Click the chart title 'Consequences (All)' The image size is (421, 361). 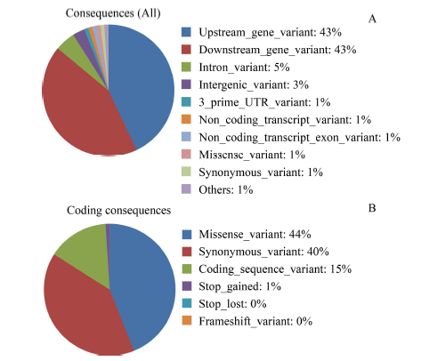coord(113,13)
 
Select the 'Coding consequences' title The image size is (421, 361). coord(118,211)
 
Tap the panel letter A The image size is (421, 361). coord(372,19)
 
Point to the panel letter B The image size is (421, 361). coord(372,208)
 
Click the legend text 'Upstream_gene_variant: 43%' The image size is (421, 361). coord(270,32)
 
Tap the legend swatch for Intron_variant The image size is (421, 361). coord(186,67)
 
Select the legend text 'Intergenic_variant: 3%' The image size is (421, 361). coord(254,85)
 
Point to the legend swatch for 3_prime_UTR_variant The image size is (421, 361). coord(186,102)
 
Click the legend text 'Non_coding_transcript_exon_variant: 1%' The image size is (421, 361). coord(299,138)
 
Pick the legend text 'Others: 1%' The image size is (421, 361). coord(226,189)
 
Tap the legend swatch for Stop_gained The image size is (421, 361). coord(187,286)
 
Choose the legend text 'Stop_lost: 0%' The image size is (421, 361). coord(232,304)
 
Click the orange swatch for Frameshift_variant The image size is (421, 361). coord(187,321)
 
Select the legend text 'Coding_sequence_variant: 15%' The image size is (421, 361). coord(275,269)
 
